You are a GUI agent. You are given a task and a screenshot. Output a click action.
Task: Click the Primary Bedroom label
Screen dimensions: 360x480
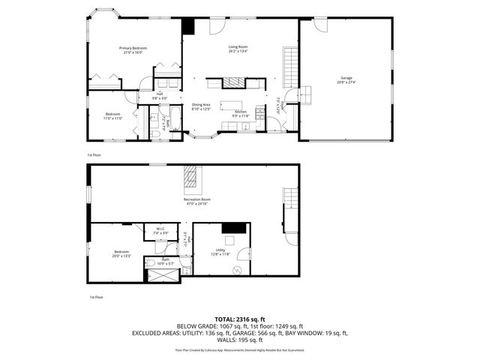133,48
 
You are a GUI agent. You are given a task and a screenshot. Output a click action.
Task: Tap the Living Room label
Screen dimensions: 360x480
238,47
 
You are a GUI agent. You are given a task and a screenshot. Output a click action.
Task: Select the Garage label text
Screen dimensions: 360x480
346,77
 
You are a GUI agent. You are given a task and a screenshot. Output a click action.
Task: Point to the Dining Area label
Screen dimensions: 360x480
200,105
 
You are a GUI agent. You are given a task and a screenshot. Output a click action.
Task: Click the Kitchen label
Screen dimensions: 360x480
240,112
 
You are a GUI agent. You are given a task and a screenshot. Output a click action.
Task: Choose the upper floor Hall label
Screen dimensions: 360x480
160,94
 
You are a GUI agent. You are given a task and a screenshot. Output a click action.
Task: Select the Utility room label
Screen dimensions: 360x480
220,250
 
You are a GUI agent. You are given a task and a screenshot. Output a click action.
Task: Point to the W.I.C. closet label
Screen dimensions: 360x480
161,229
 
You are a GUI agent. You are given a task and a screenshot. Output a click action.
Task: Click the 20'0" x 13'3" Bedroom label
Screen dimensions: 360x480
122,251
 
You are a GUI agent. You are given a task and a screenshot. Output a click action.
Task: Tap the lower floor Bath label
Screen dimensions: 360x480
165,259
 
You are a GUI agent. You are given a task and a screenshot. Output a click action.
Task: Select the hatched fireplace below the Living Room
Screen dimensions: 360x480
235,82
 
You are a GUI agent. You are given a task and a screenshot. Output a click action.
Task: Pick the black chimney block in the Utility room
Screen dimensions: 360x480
237,229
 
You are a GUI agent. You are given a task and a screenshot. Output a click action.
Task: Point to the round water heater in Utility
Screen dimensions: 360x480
238,269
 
